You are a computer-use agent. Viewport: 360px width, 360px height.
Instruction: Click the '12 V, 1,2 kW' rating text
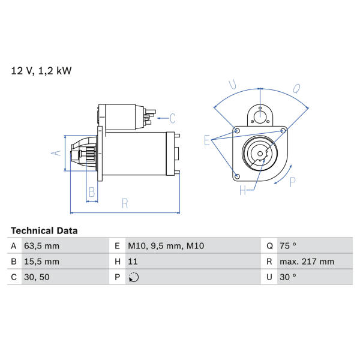(x=41, y=71)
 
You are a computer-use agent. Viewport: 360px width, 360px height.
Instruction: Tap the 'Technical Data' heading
(x=44, y=231)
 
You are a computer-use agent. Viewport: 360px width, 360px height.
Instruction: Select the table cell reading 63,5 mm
(x=42, y=246)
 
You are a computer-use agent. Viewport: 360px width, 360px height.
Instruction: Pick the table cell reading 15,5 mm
(x=42, y=262)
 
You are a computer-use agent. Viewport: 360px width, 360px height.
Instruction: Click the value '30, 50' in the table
(x=37, y=277)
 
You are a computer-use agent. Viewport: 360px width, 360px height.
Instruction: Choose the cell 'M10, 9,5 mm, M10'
(x=166, y=246)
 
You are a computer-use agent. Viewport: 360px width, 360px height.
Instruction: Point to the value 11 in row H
(x=133, y=262)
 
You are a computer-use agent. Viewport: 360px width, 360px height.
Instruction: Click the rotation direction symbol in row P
(x=134, y=277)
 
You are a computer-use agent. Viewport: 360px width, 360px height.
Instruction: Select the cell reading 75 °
(x=288, y=246)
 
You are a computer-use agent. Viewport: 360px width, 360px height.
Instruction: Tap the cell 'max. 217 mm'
(x=307, y=262)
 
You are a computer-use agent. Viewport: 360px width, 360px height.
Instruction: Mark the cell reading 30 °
(x=288, y=277)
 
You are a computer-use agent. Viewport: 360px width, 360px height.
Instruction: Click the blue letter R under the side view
(x=125, y=203)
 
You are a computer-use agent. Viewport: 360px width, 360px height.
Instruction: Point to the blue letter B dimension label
(x=92, y=192)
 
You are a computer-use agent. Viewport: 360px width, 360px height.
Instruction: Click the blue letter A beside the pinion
(x=56, y=152)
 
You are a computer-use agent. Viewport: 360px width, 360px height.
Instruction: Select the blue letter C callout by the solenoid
(x=173, y=118)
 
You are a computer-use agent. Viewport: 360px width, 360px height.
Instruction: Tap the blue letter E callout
(x=207, y=140)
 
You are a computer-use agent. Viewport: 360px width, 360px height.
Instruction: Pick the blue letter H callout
(x=243, y=190)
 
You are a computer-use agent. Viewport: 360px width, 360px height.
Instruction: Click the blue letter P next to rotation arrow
(x=293, y=182)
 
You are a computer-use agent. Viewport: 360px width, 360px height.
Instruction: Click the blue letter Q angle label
(x=296, y=89)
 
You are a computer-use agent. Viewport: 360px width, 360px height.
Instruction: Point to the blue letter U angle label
(x=233, y=84)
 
